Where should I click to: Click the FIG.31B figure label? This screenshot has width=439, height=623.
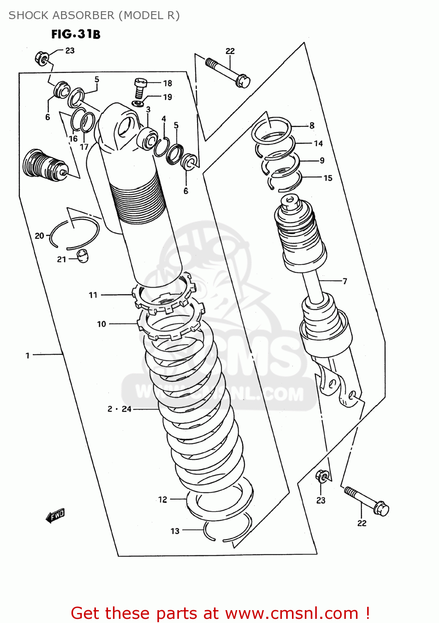76,34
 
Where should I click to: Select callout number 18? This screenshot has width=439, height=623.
167,83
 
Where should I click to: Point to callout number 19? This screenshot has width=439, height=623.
167,97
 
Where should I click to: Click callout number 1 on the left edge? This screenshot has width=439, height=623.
28,355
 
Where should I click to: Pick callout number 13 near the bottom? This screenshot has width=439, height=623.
175,531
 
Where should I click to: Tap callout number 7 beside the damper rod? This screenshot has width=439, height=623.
344,281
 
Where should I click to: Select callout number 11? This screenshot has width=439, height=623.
93,295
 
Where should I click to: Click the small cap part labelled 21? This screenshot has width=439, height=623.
83,256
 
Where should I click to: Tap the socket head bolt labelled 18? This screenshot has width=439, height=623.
140,87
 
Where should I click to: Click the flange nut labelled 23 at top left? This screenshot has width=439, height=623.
42,58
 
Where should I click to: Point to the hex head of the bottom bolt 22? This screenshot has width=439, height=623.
381,508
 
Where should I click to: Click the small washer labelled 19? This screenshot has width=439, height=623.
137,103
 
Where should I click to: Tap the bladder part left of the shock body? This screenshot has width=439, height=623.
44,166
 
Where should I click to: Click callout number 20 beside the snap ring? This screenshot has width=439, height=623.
39,236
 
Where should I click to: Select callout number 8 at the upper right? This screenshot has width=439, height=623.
311,125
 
